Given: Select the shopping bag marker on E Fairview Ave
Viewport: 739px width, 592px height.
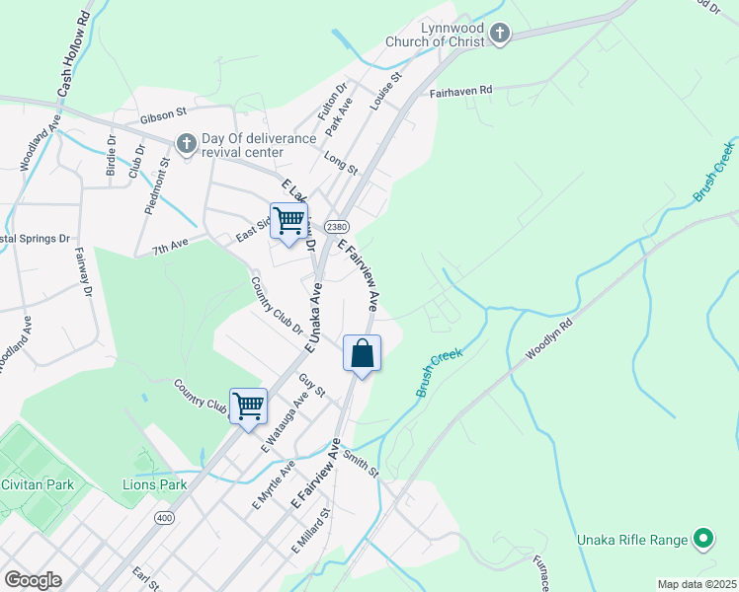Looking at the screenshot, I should point(363,353).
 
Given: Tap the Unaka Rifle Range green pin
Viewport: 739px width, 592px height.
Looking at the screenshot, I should point(702,539).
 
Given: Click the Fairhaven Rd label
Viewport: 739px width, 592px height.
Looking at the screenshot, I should point(460,91).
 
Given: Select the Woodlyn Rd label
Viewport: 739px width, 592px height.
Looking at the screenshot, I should point(549,338).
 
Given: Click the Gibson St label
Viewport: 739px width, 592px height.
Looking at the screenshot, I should point(163,116).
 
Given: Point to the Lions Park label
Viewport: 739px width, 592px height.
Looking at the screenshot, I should point(154,484).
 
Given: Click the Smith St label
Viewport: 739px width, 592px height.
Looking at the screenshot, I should point(362,465).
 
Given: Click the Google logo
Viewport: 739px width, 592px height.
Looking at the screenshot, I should point(33,580).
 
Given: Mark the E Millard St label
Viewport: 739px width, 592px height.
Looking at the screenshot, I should point(309,532).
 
